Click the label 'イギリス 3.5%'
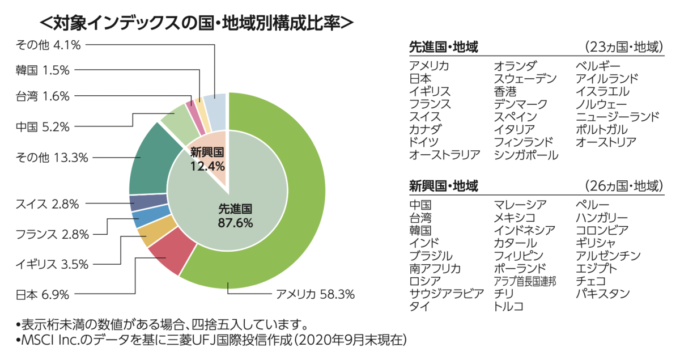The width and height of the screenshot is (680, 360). (52, 264)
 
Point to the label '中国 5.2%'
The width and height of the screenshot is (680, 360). (42, 126)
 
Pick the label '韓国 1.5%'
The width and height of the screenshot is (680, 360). (42, 70)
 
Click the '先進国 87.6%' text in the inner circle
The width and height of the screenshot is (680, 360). (235, 215)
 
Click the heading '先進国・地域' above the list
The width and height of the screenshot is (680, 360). (443, 47)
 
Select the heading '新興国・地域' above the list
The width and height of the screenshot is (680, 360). (443, 185)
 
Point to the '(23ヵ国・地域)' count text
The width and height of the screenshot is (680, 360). (623, 47)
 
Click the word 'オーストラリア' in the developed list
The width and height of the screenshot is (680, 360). (444, 154)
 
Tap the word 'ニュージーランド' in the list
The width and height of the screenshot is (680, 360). (617, 117)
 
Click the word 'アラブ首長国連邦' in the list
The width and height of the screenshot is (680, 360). (525, 281)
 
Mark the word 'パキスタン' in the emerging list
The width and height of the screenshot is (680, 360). (602, 293)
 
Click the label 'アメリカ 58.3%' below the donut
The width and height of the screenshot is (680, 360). (314, 294)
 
